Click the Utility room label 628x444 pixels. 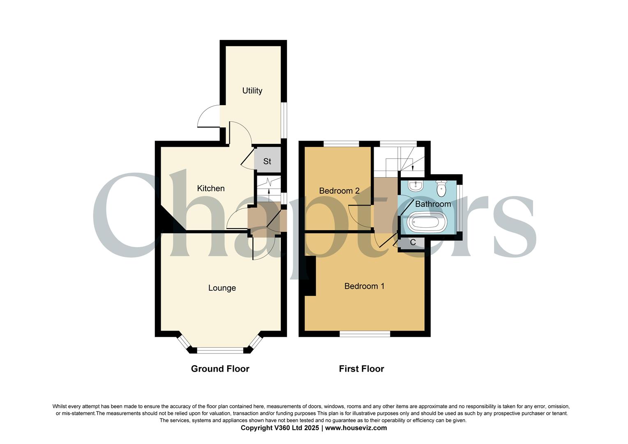point(252,91)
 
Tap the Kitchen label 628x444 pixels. point(211,188)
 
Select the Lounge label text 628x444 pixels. point(222,288)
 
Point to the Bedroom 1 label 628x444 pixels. point(364,286)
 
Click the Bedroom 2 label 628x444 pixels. point(339,191)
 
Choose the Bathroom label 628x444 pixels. point(433,204)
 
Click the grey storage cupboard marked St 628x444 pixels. point(267,161)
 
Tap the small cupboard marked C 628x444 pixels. point(413,243)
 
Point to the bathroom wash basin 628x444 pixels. point(416,186)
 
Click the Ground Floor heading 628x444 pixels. point(220,369)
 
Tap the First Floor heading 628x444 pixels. point(361,369)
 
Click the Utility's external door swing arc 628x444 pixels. point(207,117)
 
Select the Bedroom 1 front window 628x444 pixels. point(365,334)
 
